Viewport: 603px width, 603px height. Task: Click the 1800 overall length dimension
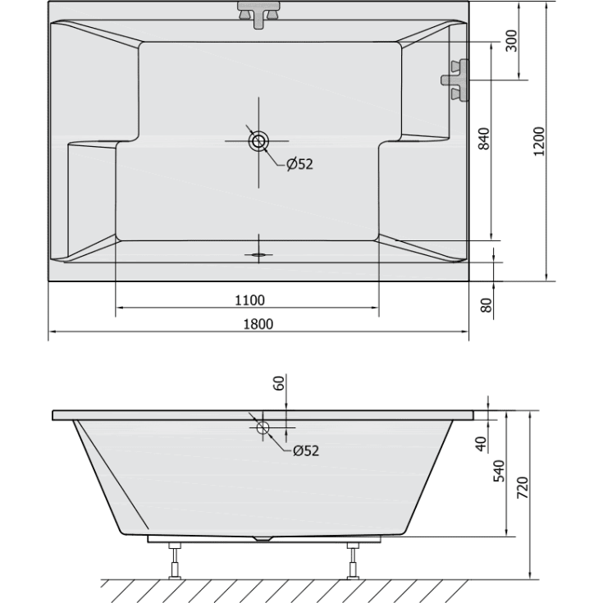[258, 324]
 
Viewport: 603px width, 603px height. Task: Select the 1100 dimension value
[249, 299]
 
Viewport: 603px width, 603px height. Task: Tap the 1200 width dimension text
[538, 141]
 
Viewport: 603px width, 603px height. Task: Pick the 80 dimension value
[485, 304]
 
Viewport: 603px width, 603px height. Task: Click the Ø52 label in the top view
[299, 164]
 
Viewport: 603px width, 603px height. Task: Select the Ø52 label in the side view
[305, 450]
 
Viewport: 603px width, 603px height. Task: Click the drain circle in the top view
[258, 141]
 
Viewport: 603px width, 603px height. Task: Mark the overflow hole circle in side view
[263, 428]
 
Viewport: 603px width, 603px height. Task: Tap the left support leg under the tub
[174, 560]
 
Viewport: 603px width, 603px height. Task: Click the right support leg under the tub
[354, 560]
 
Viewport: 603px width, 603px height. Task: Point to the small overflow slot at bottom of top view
[259, 254]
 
